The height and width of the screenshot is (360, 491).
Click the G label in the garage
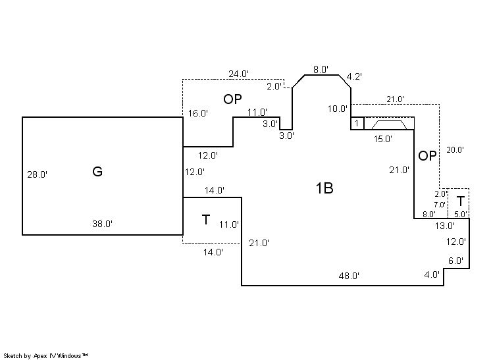(x=97, y=172)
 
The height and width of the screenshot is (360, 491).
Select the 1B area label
(x=324, y=188)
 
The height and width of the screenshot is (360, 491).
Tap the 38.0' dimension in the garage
(x=103, y=224)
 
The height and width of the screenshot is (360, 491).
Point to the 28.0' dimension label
(x=38, y=174)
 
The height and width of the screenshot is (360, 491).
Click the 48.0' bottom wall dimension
(x=349, y=276)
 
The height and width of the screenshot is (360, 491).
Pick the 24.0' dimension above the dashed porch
(x=239, y=74)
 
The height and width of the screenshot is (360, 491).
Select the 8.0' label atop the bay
(x=321, y=70)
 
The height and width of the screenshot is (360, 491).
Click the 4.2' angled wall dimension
(x=354, y=76)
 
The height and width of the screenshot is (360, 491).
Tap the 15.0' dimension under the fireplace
(x=383, y=139)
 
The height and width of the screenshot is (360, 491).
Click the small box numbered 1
(x=357, y=123)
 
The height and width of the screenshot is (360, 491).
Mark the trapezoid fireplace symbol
(x=389, y=124)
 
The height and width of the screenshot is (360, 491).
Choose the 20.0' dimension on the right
(x=455, y=150)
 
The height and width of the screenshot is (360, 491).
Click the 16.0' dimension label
(x=198, y=113)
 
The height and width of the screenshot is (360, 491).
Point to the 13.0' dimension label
(x=445, y=225)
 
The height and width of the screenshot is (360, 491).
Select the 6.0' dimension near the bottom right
(x=455, y=261)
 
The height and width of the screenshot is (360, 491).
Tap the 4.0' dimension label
(x=432, y=274)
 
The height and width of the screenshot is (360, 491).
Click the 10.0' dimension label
(x=338, y=109)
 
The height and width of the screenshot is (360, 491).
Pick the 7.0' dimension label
(x=440, y=205)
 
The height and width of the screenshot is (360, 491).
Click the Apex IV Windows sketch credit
(x=45, y=356)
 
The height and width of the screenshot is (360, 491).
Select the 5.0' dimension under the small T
(x=461, y=215)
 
